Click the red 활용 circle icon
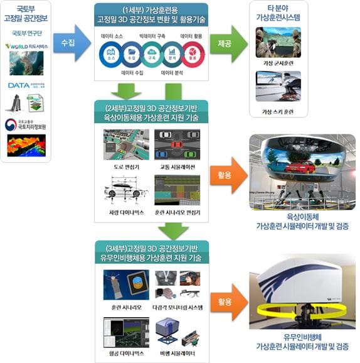193,55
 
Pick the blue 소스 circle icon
112,55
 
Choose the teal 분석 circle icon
172,55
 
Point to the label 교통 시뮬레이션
176,168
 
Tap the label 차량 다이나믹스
125,213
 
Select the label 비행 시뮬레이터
176,354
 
